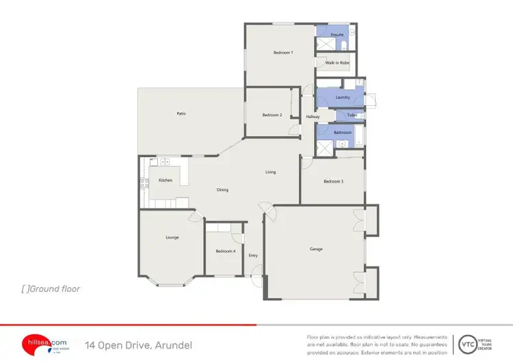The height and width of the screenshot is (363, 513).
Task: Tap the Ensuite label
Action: pyautogui.click(x=337, y=34)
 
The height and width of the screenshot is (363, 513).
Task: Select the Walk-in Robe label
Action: pyautogui.click(x=337, y=63)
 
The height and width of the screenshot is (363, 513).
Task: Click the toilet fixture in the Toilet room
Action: pyautogui.click(x=360, y=115)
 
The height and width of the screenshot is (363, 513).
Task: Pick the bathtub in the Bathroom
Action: pyautogui.click(x=360, y=135)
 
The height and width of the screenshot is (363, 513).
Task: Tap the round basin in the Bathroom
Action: pyautogui.click(x=342, y=144)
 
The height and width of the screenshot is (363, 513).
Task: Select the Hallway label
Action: pyautogui.click(x=313, y=117)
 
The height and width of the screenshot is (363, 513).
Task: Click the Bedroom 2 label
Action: pyautogui.click(x=272, y=115)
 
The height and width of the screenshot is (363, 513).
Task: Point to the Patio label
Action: pyautogui.click(x=181, y=113)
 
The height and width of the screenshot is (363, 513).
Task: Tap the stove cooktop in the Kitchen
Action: pyautogui.click(x=144, y=183)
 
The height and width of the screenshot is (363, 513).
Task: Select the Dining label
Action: pyautogui.click(x=222, y=190)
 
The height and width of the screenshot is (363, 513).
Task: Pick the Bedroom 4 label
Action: pyautogui.click(x=226, y=252)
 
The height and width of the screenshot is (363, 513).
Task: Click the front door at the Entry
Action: pyautogui.click(x=257, y=279)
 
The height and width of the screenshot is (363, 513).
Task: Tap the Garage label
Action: pyautogui.click(x=315, y=249)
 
